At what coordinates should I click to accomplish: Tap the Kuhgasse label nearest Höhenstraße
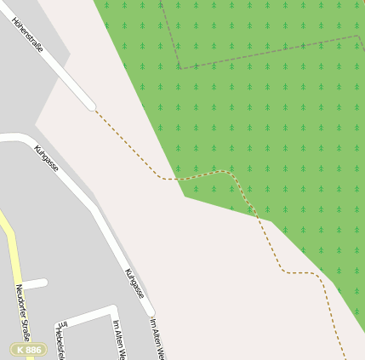(x=47, y=158)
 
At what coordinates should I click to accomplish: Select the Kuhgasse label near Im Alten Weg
(x=134, y=283)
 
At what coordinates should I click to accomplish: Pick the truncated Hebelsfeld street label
(x=60, y=340)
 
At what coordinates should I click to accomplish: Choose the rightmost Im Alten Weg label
(x=157, y=338)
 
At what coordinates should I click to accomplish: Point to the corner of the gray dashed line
(x=180, y=68)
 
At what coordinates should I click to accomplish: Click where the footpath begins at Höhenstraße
(x=94, y=109)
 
